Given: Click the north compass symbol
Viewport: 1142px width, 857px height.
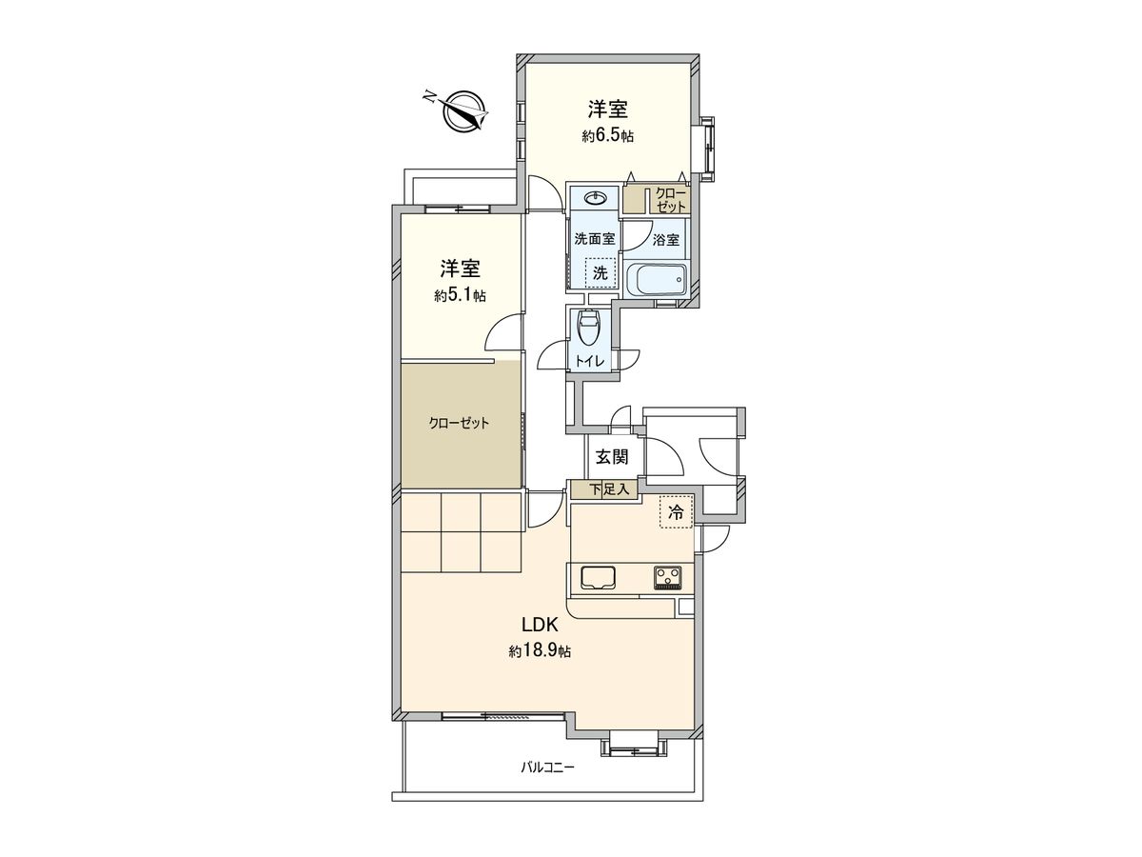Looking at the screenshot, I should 463,110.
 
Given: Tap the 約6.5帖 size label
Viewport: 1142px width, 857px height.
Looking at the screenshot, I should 608,137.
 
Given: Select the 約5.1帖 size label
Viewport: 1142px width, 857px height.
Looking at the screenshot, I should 460,296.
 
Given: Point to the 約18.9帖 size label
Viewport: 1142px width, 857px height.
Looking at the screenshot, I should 540,652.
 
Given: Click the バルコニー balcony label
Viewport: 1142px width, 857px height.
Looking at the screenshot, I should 547,766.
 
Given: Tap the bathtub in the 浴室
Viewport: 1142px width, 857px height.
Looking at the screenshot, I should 657,281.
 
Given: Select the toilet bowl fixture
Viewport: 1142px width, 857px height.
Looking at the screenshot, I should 589,329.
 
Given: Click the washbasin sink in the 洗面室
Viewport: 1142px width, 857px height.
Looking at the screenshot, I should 596,198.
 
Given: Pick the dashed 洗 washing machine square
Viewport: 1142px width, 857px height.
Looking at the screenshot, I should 600,271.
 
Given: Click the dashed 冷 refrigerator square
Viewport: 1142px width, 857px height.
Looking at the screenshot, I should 677,512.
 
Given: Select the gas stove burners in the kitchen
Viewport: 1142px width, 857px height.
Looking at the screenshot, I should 668,576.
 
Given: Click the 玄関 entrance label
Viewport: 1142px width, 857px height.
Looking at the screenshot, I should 611,457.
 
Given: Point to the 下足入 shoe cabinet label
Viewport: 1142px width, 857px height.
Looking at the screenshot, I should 609,490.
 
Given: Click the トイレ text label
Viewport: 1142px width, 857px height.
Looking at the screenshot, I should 590,361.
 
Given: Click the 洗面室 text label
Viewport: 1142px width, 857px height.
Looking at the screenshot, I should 594,240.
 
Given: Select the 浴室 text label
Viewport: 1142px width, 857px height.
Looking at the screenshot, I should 666,240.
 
